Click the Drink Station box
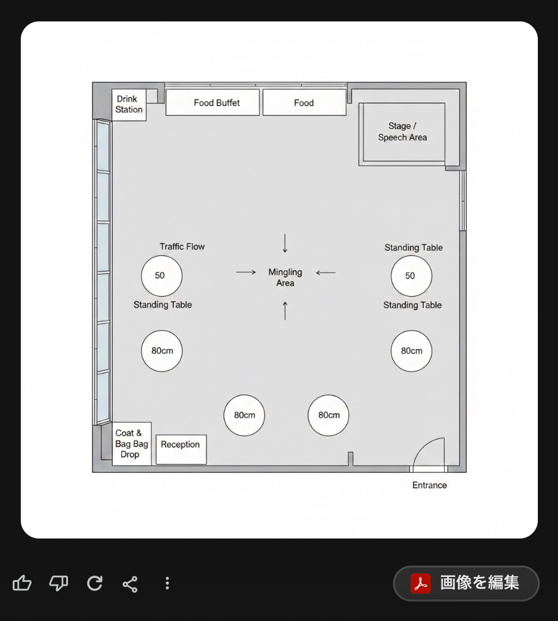[129, 105]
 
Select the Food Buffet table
[213, 103]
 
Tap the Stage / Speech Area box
[402, 132]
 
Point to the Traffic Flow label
[182, 246]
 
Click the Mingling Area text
[285, 277]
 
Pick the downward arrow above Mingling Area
[285, 243]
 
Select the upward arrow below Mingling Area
[285, 311]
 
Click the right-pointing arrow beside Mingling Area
[246, 272]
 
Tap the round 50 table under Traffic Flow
[162, 276]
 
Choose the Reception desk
[181, 450]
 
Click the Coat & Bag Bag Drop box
[132, 443]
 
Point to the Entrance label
[430, 485]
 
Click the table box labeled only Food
[304, 103]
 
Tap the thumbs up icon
[22, 583]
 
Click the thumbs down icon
[59, 583]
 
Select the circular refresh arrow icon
[94, 583]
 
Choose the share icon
[130, 584]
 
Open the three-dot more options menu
[167, 583]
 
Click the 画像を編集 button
[466, 583]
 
